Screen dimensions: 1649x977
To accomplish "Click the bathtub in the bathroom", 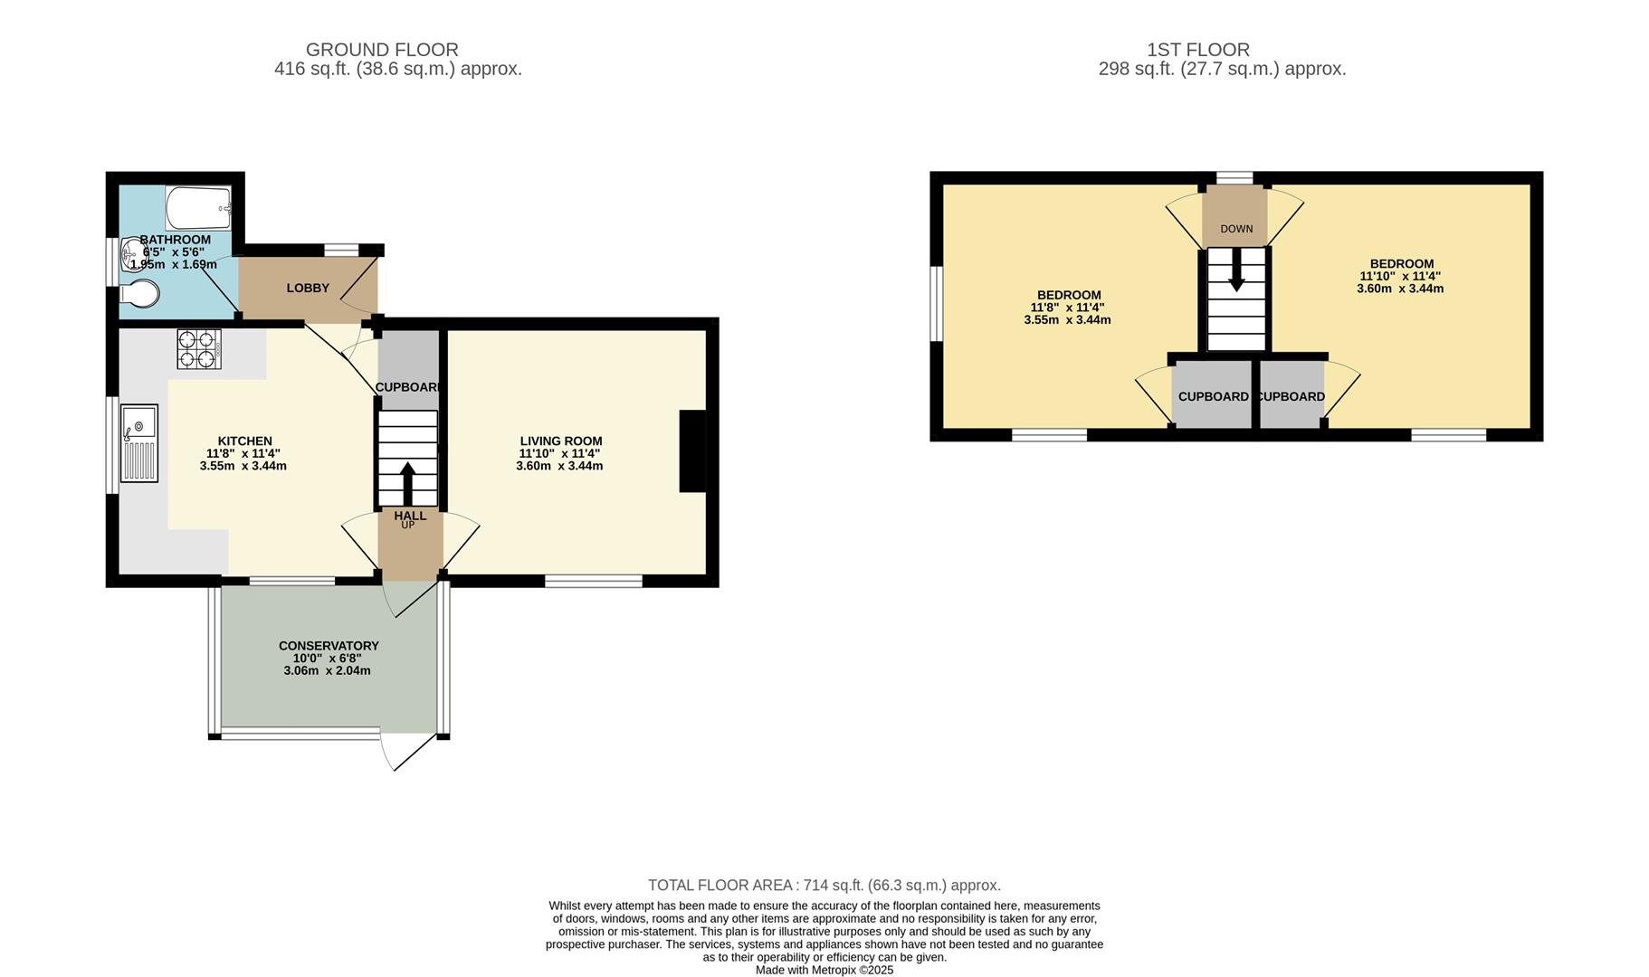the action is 198,208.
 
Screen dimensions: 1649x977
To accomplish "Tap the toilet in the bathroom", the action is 139,293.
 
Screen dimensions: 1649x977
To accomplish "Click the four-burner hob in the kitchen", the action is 199,349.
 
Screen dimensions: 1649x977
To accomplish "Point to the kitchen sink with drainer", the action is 139,442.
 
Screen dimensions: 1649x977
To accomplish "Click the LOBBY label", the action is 308,288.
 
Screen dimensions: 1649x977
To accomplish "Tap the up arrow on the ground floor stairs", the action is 407,484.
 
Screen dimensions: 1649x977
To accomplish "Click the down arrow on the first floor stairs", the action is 1236,270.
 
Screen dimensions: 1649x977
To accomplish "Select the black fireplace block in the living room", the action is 692,451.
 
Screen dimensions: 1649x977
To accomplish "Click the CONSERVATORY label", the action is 329,646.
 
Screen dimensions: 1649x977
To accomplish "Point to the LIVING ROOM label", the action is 561,441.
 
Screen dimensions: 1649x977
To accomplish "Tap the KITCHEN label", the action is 244,441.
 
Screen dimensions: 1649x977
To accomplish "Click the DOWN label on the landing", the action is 1236,229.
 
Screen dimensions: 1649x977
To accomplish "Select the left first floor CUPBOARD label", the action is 1213,396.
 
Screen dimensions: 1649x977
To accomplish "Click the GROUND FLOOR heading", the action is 382,50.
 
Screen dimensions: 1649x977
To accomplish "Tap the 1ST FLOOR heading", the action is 1198,50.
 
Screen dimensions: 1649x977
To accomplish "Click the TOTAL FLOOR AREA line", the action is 824,886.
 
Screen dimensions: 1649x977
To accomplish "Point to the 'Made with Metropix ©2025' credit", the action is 824,970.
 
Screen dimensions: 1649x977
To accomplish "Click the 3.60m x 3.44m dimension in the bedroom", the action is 1400,289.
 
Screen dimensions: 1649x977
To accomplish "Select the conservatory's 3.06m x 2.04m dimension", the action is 328,670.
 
